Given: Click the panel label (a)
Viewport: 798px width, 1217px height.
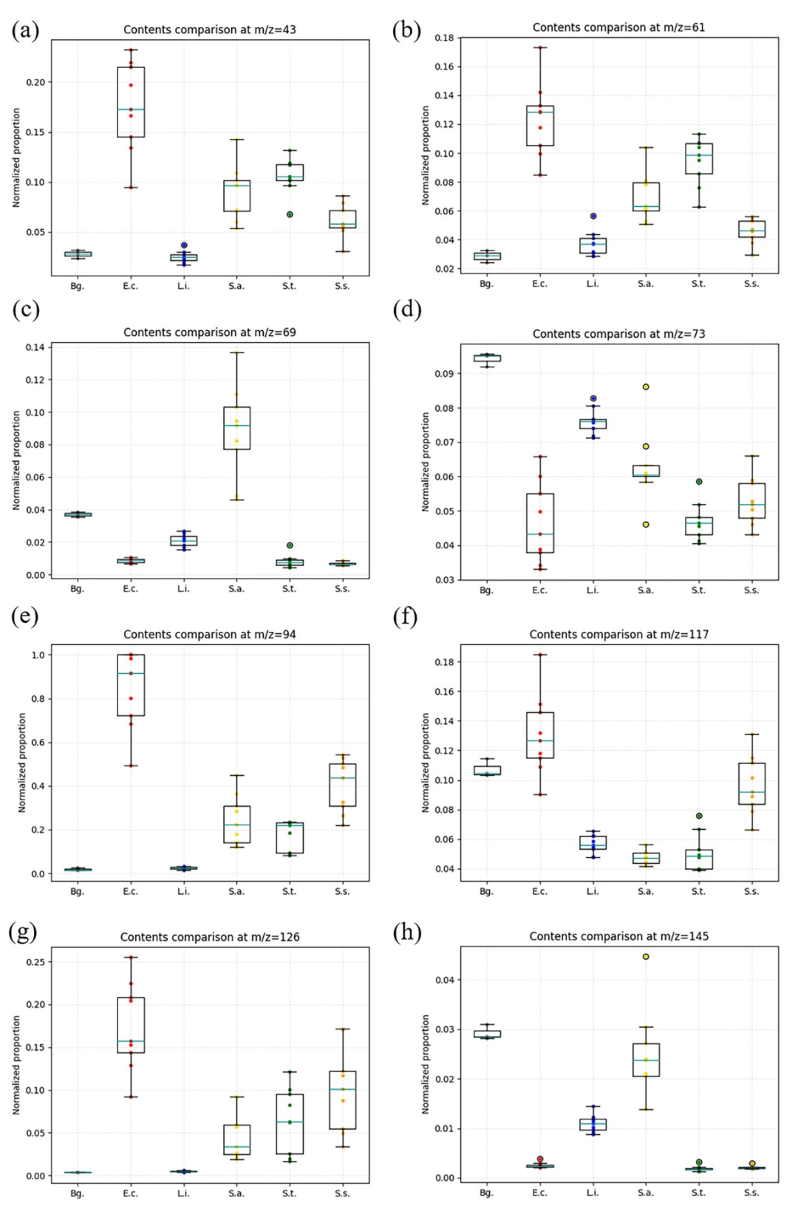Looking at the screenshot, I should [25, 31].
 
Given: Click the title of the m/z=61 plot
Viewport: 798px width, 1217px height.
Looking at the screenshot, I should [618, 27].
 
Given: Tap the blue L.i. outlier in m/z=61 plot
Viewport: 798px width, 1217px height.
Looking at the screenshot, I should [593, 216].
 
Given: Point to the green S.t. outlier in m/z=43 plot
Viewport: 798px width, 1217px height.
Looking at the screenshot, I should [290, 214].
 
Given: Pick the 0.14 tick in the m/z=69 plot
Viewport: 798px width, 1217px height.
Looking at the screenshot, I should [35, 347].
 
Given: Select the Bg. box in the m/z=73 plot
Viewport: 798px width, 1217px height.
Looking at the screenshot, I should [486, 358].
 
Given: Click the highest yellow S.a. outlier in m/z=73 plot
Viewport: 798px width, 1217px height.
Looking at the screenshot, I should [646, 386].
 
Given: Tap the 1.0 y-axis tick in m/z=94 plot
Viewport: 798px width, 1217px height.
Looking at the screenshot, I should [37, 655].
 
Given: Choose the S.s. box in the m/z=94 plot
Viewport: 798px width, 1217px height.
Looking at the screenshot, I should [343, 785].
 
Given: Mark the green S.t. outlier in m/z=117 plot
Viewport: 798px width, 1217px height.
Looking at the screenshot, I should [699, 816].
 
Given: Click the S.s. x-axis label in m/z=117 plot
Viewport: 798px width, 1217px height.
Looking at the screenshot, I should [751, 891].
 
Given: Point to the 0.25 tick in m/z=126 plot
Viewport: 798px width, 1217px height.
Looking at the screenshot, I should [35, 962].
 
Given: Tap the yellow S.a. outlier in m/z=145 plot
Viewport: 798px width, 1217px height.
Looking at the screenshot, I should [646, 956].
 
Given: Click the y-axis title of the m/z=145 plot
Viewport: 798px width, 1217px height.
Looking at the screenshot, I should [425, 1064].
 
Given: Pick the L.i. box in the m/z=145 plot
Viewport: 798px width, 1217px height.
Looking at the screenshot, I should [593, 1124].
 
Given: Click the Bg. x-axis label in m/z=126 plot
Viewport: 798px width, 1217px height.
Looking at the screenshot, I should [78, 1193].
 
